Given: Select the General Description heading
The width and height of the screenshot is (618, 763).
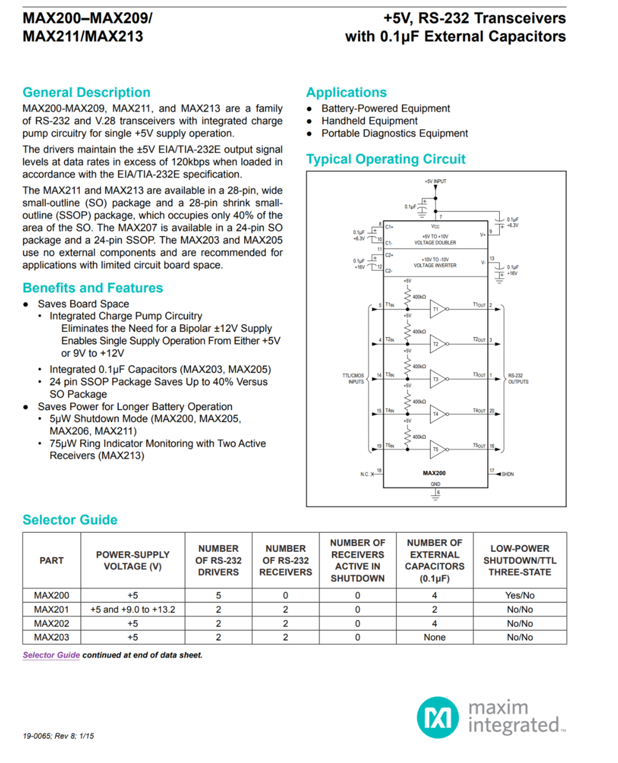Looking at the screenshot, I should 86,93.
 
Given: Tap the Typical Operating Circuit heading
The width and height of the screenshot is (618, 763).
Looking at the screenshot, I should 385,160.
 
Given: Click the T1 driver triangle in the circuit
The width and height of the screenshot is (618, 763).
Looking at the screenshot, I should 438,310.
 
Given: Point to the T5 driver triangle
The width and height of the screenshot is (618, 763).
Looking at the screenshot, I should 438,450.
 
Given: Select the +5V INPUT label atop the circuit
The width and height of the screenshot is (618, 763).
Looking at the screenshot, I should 436,182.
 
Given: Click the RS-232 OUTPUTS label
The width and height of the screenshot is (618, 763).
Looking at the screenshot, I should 519,378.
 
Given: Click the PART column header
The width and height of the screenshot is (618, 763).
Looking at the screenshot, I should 52,560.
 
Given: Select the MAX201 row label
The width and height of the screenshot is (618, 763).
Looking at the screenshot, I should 52,610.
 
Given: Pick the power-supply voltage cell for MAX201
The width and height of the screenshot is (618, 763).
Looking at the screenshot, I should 132,610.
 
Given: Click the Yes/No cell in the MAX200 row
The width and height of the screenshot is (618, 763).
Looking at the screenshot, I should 519,596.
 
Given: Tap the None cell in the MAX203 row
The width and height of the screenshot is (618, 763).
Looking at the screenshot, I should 434,637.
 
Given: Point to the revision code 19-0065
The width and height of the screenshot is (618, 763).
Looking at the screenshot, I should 37,736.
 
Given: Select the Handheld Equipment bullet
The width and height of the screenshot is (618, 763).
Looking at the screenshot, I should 369,121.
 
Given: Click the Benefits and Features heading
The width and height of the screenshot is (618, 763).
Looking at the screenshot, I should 93,288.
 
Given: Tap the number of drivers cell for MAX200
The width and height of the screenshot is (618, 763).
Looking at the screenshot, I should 218,596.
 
